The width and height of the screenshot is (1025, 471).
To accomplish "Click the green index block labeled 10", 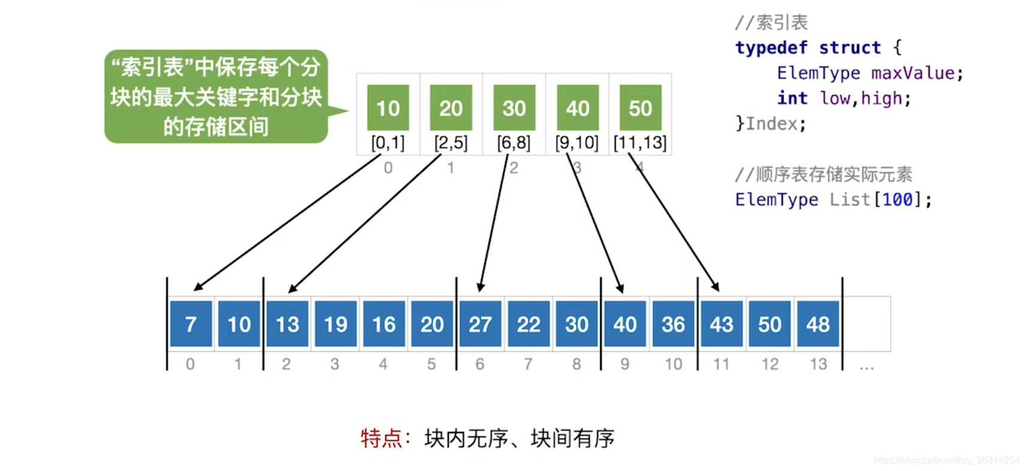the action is (388, 108).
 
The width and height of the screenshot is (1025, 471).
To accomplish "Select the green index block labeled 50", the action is (640, 108).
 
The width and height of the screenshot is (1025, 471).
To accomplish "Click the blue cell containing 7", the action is (191, 324).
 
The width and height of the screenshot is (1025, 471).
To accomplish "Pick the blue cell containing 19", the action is (336, 324).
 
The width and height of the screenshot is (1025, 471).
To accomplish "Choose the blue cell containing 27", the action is (480, 324).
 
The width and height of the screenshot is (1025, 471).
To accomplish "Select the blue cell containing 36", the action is (673, 324).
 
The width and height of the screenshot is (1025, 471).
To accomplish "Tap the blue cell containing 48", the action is (818, 324).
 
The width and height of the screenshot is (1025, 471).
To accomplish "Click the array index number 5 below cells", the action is (432, 364).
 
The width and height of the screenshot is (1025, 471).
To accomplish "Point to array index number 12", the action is (770, 364).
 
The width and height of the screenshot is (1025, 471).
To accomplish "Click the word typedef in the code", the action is (771, 47).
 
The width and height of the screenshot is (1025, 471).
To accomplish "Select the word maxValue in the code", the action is (913, 73).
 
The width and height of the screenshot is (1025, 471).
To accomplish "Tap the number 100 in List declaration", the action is (897, 200).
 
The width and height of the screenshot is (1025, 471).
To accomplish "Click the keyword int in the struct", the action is (792, 98).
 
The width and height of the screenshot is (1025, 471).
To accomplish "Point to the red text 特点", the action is (381, 438).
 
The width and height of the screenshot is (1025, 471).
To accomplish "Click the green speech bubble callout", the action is (216, 96).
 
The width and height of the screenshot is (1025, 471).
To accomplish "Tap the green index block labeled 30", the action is (514, 108).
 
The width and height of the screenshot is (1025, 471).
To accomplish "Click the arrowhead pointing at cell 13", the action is (292, 289).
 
